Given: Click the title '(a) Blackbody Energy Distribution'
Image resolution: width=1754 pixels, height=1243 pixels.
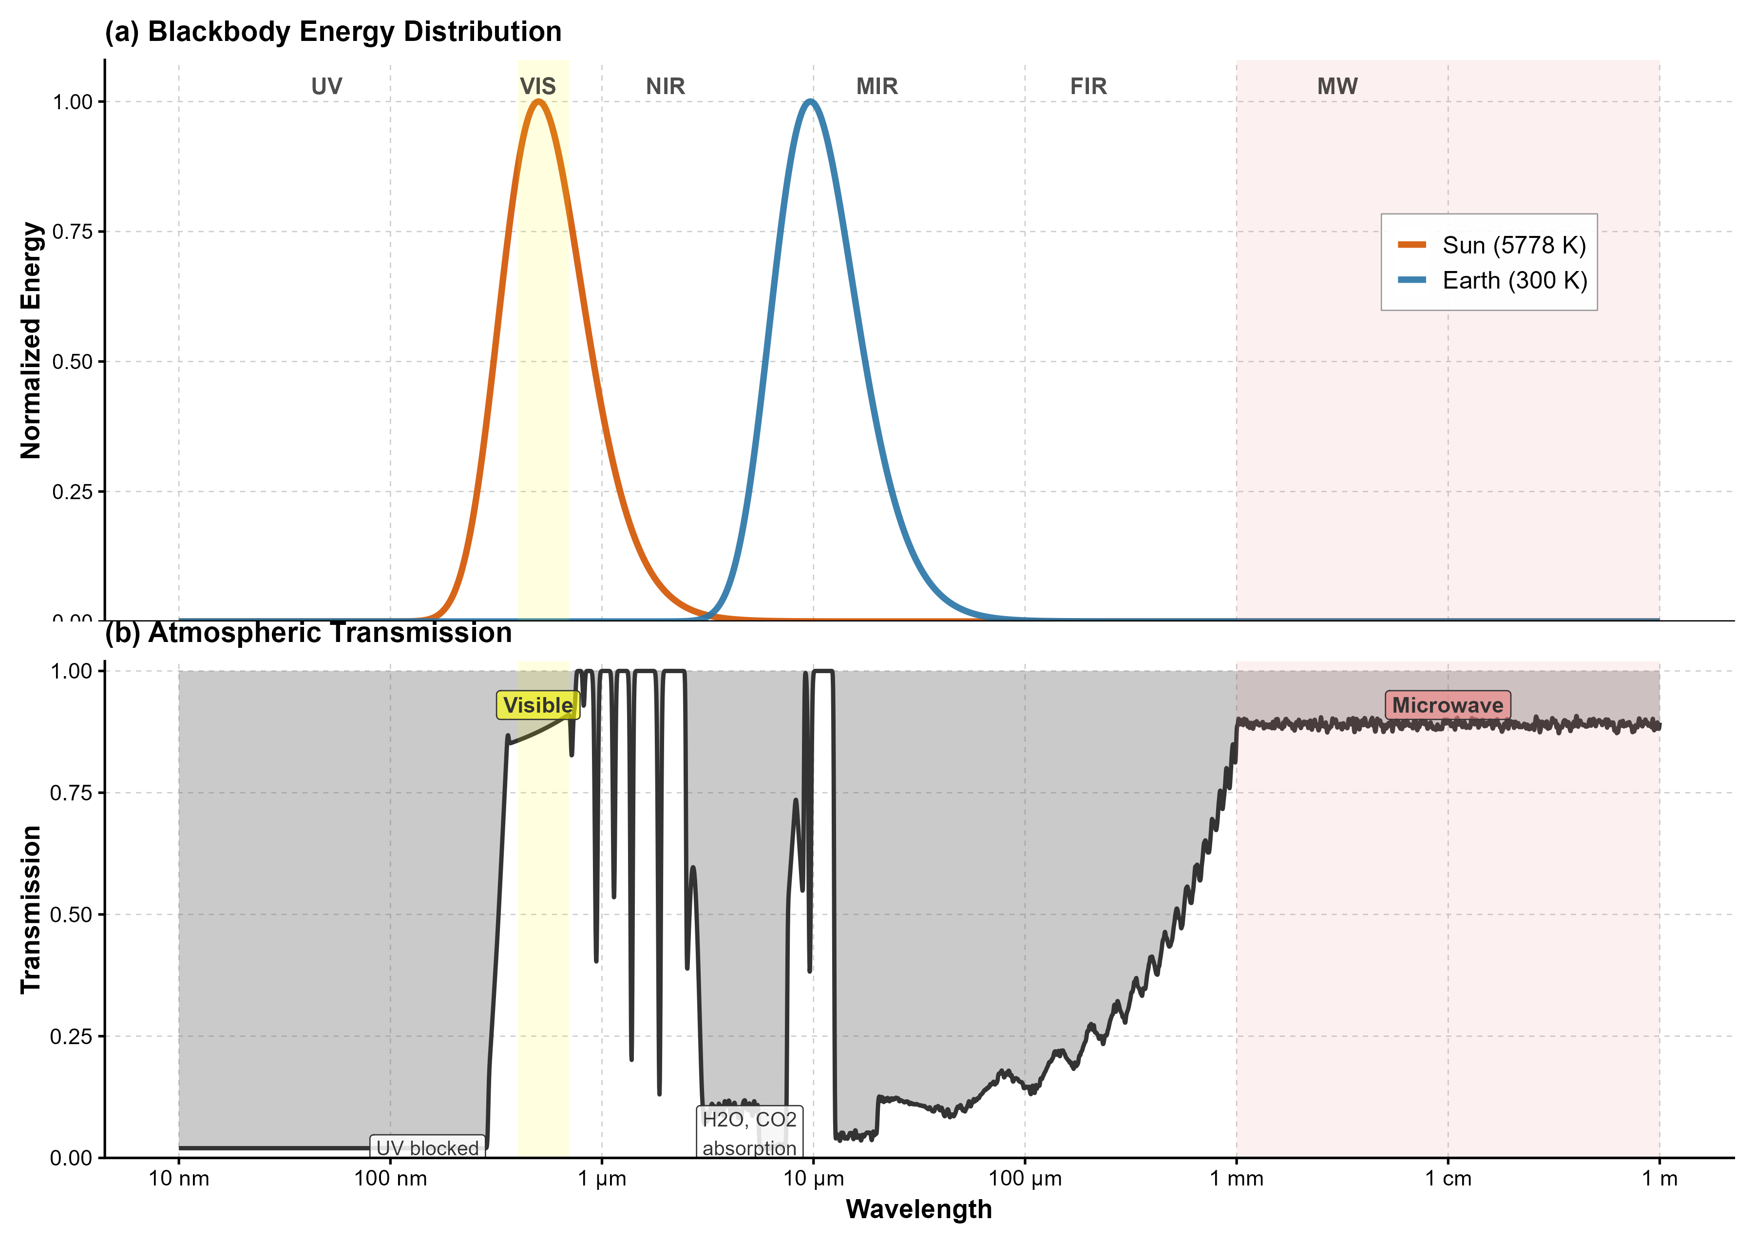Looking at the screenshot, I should tap(333, 32).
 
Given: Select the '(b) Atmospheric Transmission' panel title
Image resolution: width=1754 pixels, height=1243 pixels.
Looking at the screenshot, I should tap(308, 633).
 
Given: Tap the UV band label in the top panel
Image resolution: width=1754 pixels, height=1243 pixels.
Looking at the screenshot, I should tap(326, 86).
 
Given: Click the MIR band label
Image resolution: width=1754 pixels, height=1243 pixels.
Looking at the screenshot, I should tap(877, 86).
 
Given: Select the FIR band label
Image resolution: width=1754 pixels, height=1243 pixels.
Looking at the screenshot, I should tap(1088, 86).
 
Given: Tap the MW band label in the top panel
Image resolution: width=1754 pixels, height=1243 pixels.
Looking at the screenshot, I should tap(1337, 86).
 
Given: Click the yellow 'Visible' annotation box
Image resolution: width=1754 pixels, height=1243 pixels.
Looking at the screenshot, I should tap(538, 705).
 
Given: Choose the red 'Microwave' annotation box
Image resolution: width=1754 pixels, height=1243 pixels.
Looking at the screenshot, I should tap(1447, 705).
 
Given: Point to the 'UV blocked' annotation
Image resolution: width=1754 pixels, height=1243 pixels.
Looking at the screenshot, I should tap(428, 1148).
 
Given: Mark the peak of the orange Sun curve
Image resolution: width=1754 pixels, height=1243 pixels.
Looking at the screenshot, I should tap(538, 101).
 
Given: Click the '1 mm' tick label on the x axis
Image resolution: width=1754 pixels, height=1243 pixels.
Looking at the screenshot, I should tap(1236, 1179).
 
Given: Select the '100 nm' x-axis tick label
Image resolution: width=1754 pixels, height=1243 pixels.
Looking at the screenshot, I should tap(390, 1179).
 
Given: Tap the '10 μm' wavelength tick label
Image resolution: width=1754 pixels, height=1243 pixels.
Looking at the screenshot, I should tap(813, 1179).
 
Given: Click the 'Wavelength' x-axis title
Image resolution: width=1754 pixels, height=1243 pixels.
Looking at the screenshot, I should tap(919, 1209).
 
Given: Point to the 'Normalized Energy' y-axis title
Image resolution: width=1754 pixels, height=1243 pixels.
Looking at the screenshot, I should tap(31, 341).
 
